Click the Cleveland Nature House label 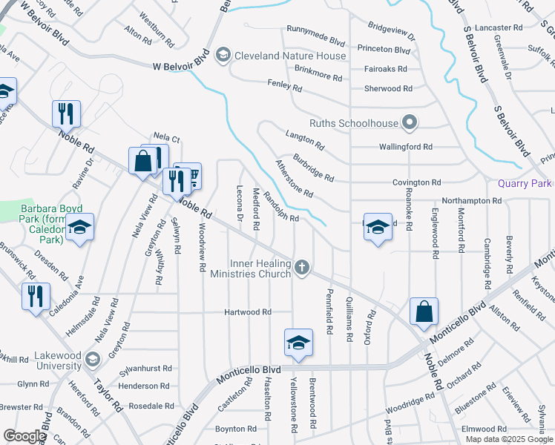[290, 56]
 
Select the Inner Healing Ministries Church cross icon [301, 267]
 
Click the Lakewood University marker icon [92, 360]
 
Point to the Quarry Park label [524, 183]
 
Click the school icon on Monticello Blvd [298, 343]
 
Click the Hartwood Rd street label [248, 312]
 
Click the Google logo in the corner [24, 436]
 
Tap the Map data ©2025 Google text [509, 439]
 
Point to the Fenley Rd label [286, 88]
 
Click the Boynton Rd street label [235, 429]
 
